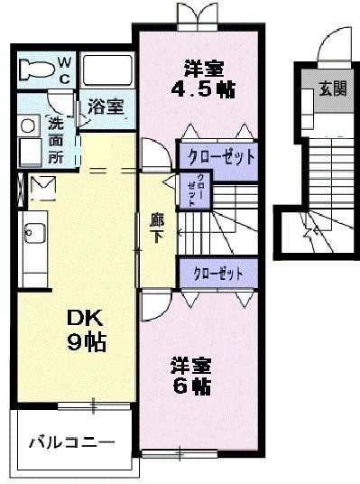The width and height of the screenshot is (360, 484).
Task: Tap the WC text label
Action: [67, 70]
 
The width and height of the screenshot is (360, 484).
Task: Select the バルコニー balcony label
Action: [70, 443]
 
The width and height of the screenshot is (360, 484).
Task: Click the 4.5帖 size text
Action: [204, 90]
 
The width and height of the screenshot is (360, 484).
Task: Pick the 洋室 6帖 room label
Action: [190, 377]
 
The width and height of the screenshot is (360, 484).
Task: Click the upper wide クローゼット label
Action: [220, 155]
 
